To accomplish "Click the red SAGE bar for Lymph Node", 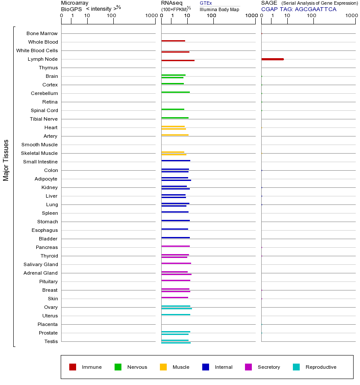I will coord(272,59).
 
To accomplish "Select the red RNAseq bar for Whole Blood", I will coord(173,41).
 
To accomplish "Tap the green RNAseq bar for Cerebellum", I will coord(175,92).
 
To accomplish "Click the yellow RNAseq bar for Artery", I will coord(175,135).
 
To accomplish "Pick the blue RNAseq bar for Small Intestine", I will coord(176,160).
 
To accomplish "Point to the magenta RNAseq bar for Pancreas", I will coord(175,246).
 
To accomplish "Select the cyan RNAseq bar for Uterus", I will coord(176,314).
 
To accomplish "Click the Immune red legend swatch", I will coord(73,367).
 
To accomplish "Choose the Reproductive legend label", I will coord(321,367).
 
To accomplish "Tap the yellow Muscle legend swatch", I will coord(163,367).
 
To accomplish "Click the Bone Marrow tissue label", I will coord(42,33).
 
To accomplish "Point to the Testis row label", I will coord(51,341).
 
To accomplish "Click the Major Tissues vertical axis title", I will coord(6,160).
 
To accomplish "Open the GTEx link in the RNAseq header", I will coord(206,3).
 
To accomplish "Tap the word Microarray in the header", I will coord(75,3).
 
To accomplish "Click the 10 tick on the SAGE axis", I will coord(287,16).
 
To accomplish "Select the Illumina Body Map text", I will coord(219,9).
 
